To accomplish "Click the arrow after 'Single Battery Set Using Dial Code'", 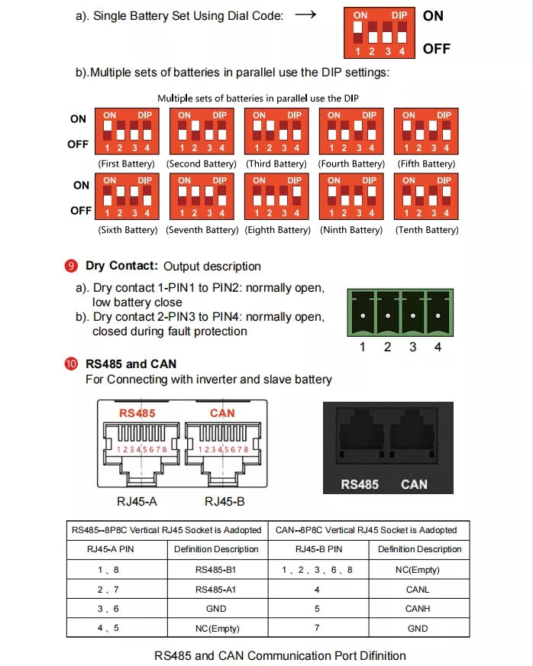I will click(x=305, y=15).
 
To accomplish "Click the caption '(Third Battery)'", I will click(x=276, y=164).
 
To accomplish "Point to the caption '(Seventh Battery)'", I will click(x=202, y=230).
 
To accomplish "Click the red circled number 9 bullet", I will click(x=71, y=266).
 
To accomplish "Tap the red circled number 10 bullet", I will click(x=71, y=364).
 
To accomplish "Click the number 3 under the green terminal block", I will click(x=413, y=348).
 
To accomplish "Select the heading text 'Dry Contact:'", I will click(x=121, y=266).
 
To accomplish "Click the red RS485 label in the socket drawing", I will click(x=137, y=413).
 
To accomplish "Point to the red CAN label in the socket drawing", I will click(x=222, y=413).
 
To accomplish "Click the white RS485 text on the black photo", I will click(x=360, y=484).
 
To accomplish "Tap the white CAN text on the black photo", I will click(x=414, y=484).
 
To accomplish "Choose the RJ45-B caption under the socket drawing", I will click(x=225, y=502).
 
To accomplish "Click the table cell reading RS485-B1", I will click(x=216, y=569).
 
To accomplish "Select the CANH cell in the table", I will click(x=418, y=609).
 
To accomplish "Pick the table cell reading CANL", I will click(x=418, y=589).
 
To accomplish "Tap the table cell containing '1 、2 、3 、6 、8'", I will click(x=317, y=569).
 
